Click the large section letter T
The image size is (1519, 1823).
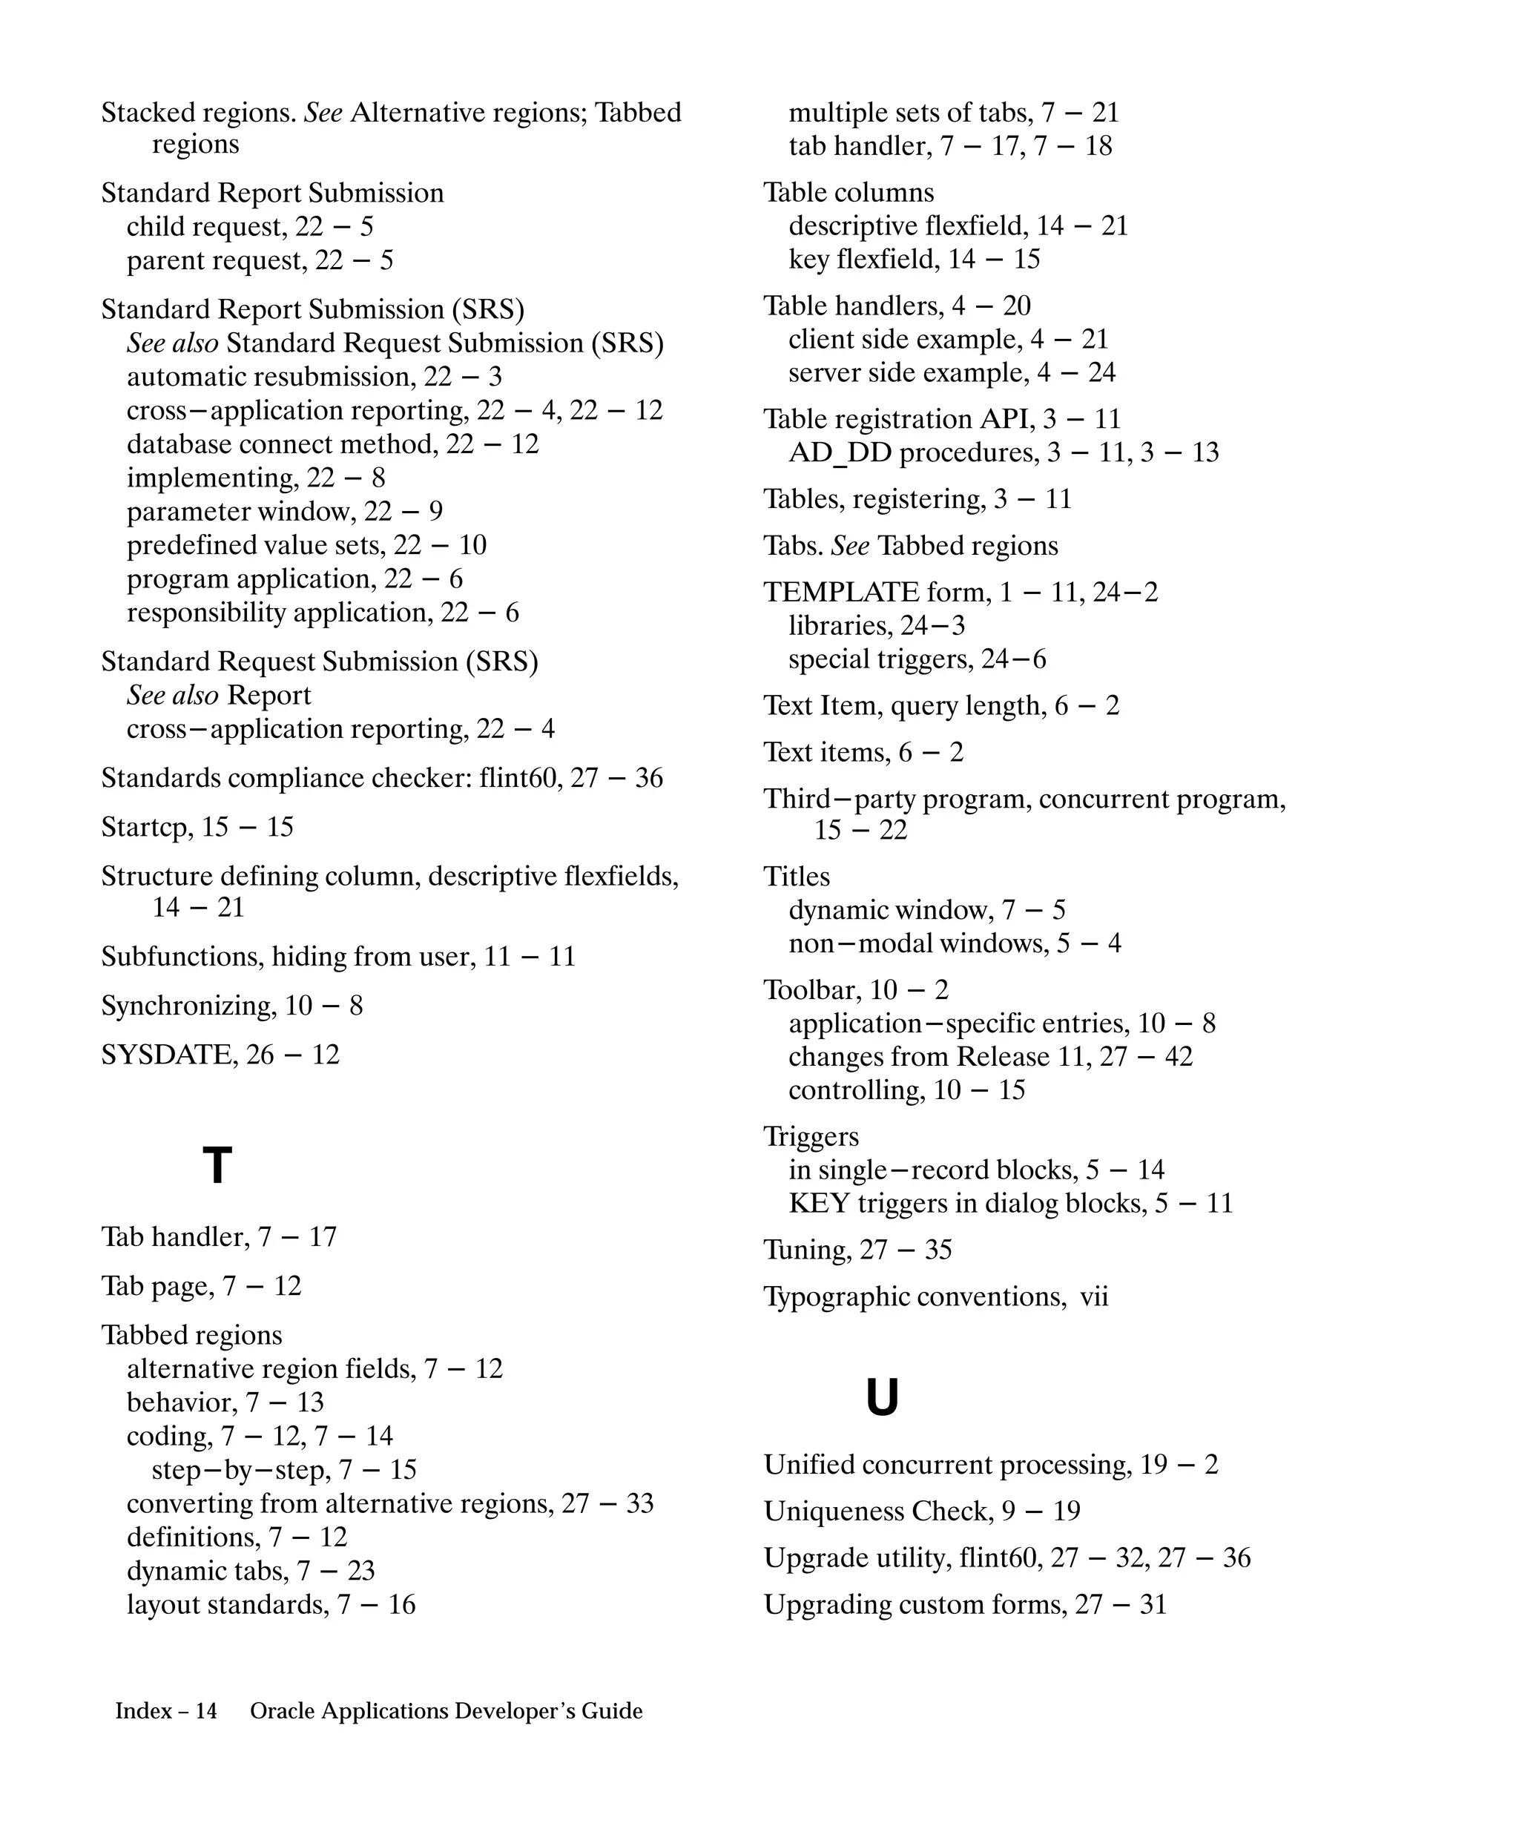pos(217,1166)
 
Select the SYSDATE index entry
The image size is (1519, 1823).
pos(220,1055)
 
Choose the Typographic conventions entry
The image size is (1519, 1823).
pos(935,1297)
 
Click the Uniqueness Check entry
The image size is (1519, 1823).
pos(921,1512)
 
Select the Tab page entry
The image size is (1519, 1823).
pos(200,1285)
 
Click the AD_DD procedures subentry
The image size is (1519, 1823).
pos(1003,452)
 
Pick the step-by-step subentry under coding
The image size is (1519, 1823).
pos(284,1470)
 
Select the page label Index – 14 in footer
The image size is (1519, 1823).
pos(166,1711)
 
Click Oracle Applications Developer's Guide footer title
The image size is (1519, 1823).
pos(447,1711)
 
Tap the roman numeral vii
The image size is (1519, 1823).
pos(1094,1297)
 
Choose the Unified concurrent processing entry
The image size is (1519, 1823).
pos(990,1465)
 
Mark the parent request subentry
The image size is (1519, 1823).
pos(260,260)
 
